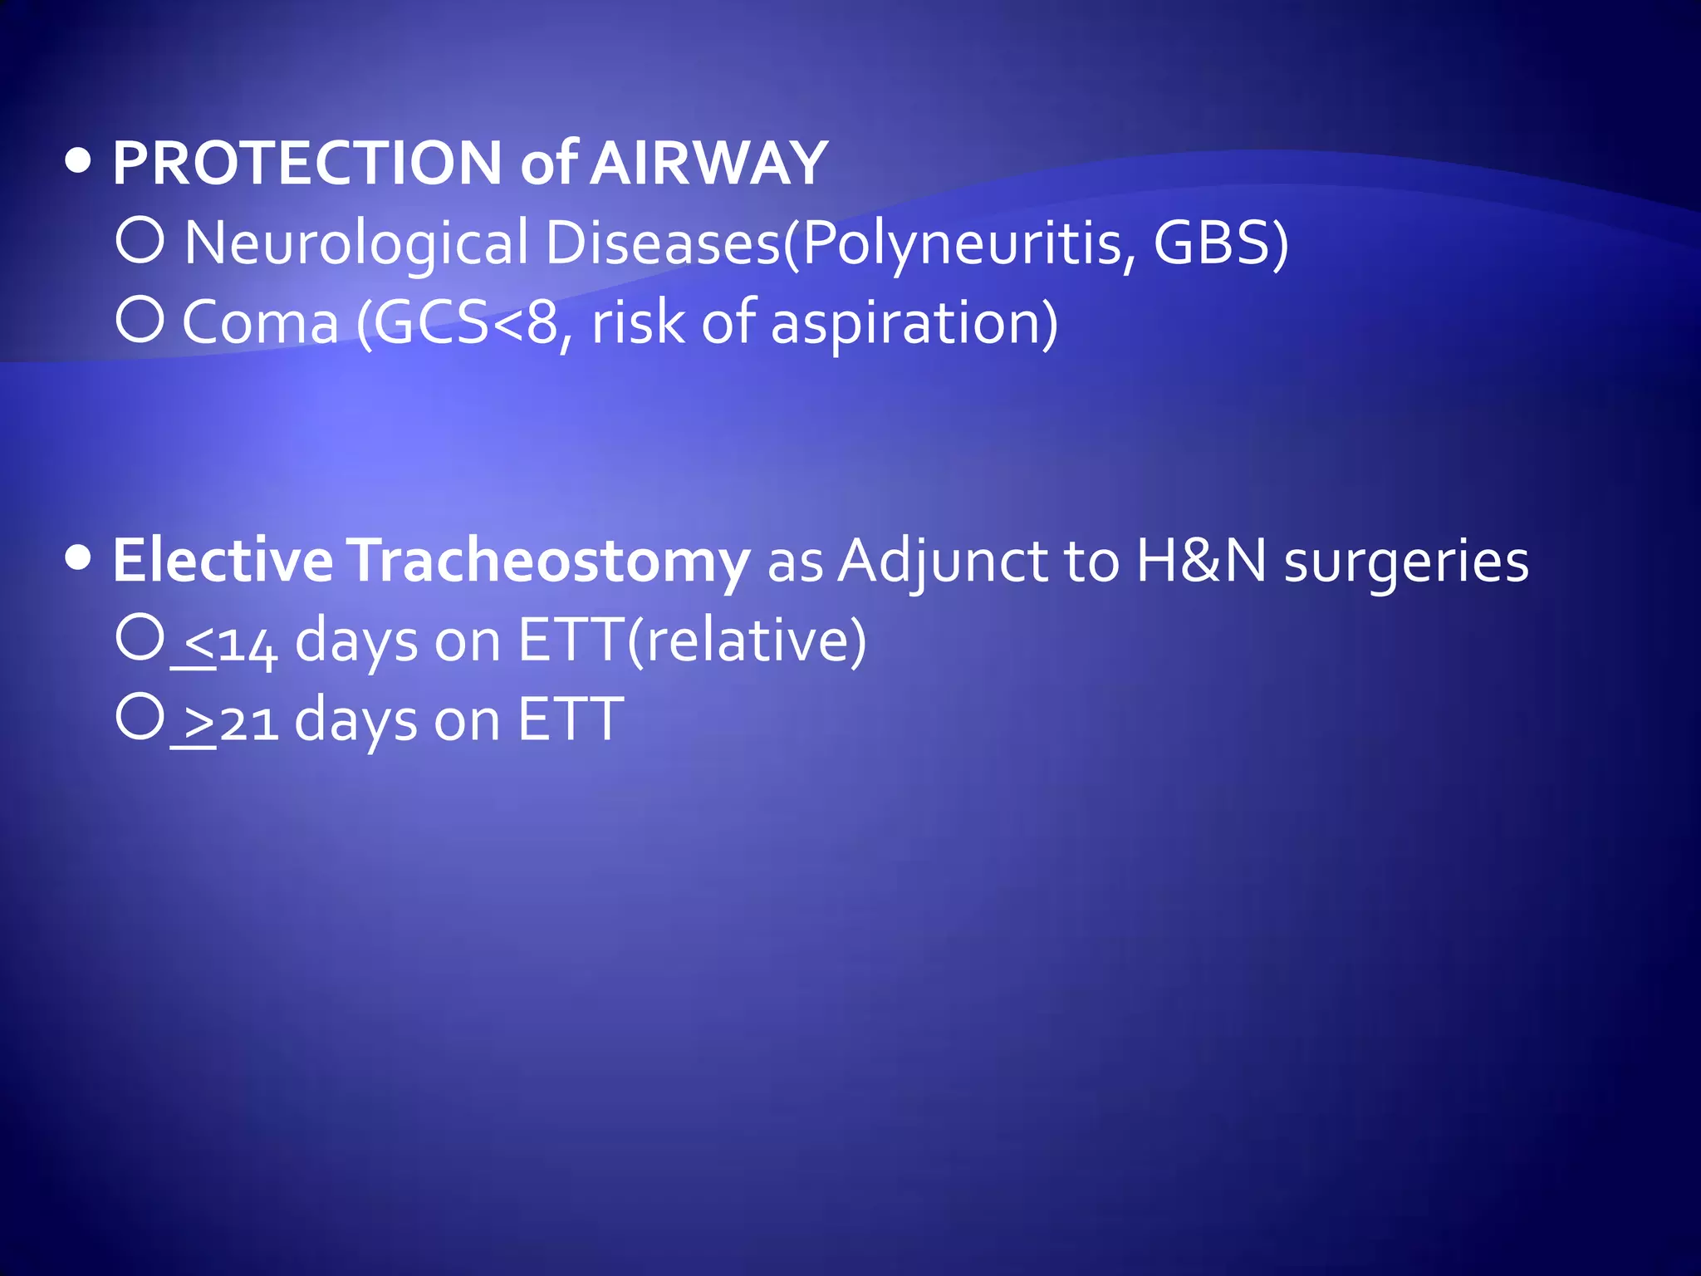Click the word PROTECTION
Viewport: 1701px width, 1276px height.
tap(307, 163)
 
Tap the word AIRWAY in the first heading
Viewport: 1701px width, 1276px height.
tap(710, 163)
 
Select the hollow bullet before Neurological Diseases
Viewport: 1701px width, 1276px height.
tap(140, 239)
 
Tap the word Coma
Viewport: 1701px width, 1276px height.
tap(260, 322)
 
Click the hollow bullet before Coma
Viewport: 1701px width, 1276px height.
tap(140, 319)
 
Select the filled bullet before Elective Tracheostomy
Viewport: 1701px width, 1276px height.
tap(78, 559)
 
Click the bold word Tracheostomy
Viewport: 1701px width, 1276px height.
tap(548, 562)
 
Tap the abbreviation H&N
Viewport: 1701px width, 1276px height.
tap(1201, 562)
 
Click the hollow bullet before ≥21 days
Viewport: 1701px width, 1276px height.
tap(140, 716)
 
